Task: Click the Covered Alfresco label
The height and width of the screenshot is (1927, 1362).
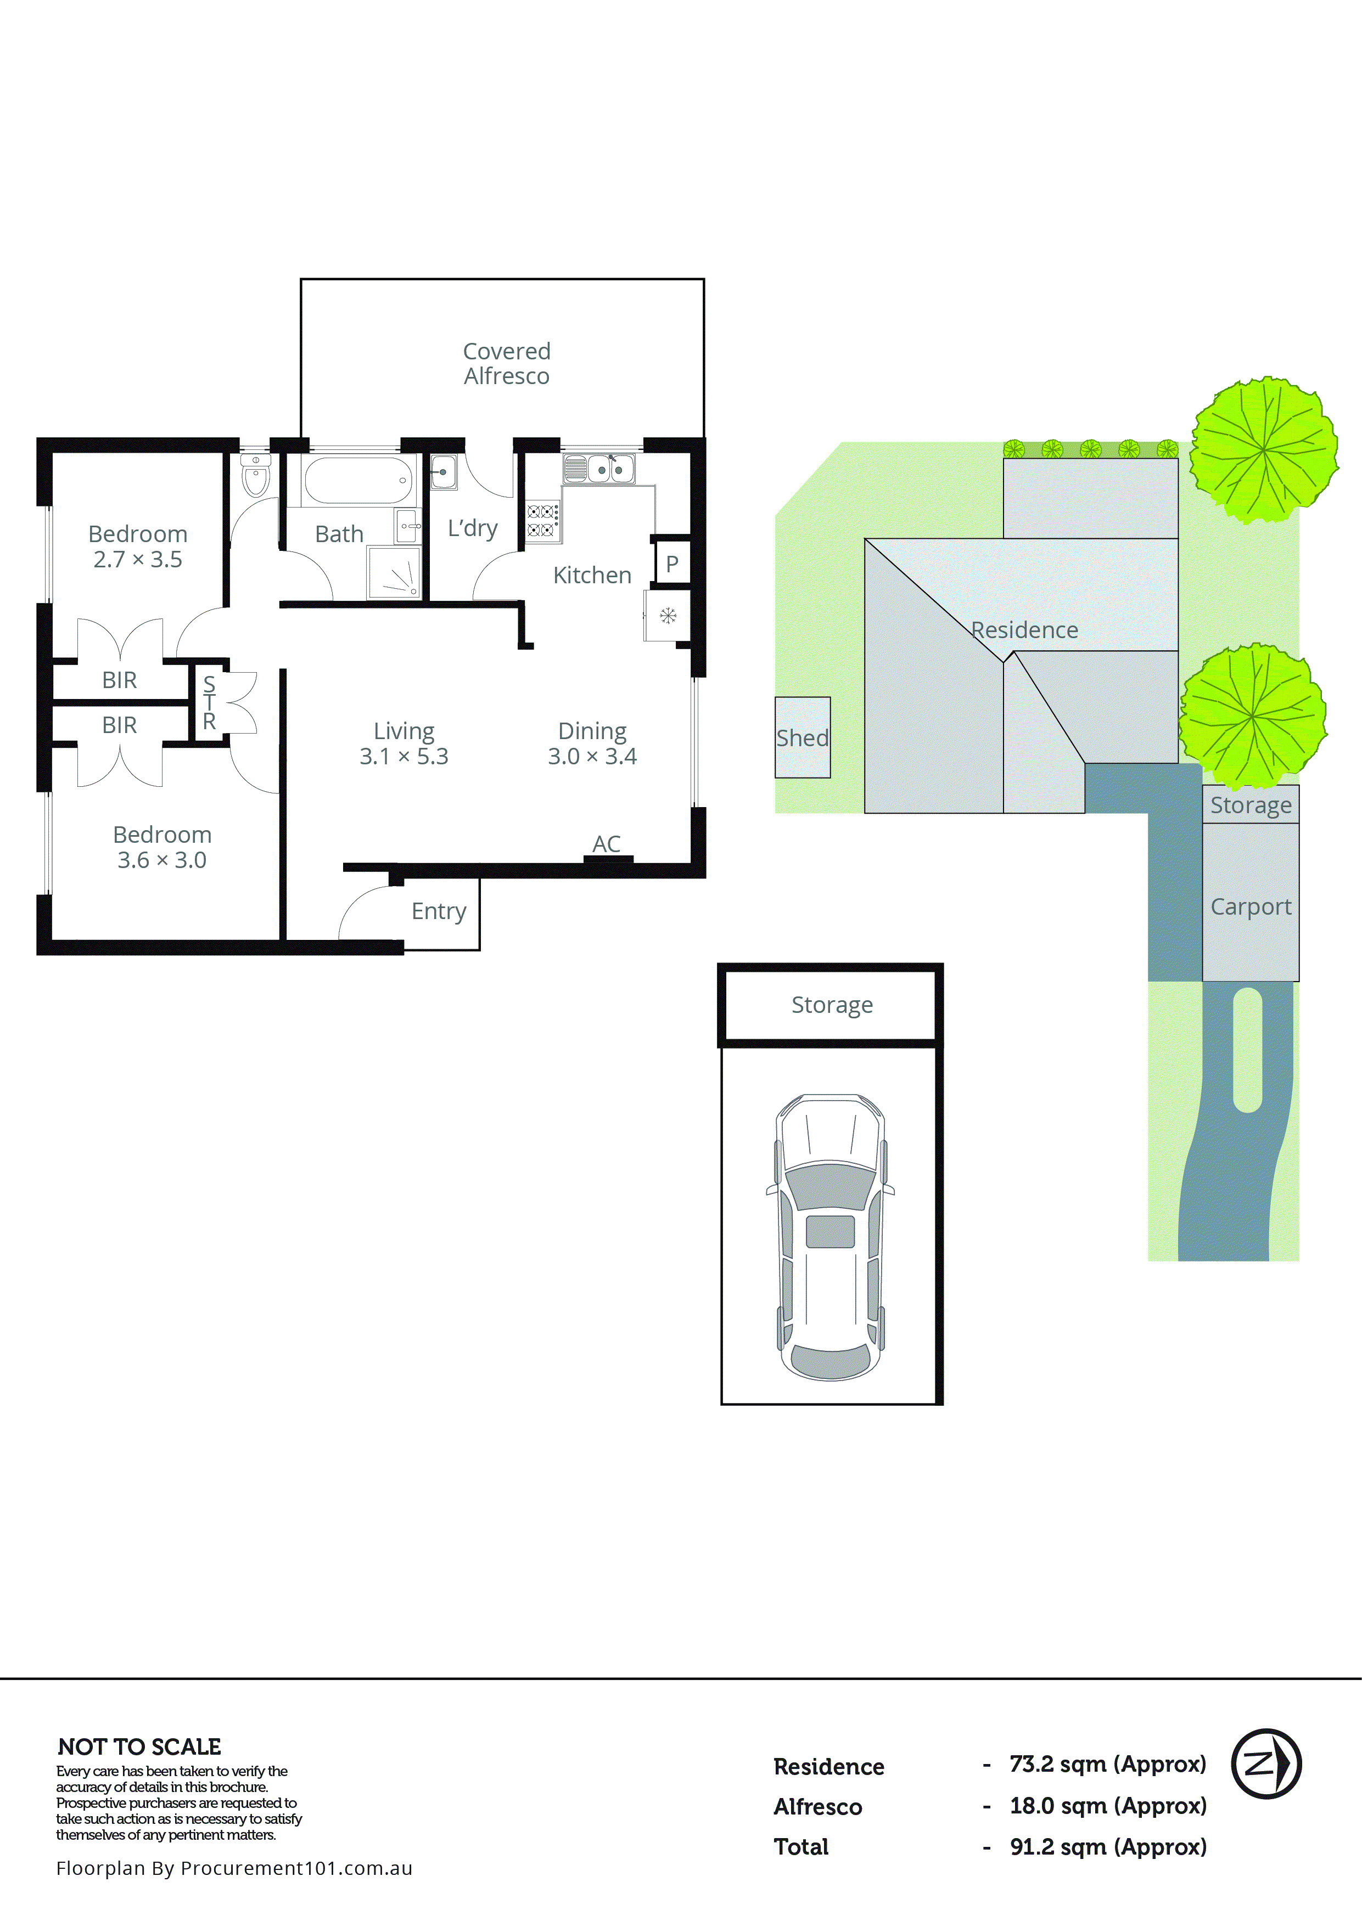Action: click(x=506, y=363)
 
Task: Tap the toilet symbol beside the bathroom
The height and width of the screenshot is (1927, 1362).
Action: click(x=255, y=477)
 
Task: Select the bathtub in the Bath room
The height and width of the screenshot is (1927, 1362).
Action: click(x=358, y=480)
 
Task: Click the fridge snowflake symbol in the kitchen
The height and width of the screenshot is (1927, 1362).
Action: click(x=668, y=616)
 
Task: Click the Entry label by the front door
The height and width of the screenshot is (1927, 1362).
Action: click(x=438, y=911)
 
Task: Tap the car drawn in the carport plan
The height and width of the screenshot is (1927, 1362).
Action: click(x=829, y=1237)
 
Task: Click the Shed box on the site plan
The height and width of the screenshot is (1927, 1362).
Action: click(x=802, y=738)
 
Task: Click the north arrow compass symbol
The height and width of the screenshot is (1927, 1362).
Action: click(x=1265, y=1763)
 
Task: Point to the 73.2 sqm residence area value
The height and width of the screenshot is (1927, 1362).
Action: click(x=1107, y=1764)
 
